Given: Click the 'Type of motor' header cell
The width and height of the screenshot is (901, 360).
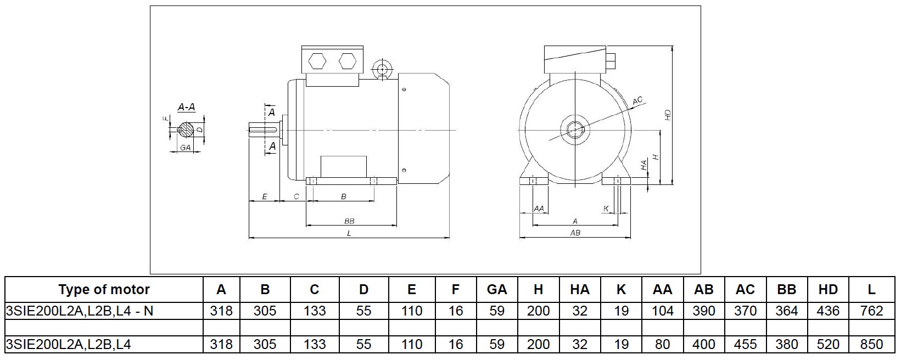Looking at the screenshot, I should [x=104, y=290].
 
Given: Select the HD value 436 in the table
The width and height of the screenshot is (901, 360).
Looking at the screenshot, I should [x=828, y=311].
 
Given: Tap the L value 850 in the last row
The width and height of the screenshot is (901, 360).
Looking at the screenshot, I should [x=871, y=345].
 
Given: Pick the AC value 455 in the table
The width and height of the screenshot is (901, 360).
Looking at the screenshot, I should [x=745, y=345].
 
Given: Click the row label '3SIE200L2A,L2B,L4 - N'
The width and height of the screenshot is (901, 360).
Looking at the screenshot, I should [x=79, y=311].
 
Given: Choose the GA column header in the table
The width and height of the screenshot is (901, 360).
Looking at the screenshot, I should [x=496, y=290].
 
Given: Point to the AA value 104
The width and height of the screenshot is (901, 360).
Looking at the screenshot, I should [x=662, y=311].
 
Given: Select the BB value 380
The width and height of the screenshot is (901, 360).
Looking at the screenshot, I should [x=787, y=345].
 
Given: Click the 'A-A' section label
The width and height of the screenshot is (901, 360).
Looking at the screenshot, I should [x=187, y=107].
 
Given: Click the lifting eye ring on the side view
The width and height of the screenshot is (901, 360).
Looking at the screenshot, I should [x=380, y=70].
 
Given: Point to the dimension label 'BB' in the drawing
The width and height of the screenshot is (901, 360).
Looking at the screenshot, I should [x=349, y=221].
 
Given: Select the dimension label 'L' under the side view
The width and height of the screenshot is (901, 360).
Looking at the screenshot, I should [x=349, y=234].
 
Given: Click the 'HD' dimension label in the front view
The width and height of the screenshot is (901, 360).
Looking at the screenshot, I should [x=668, y=115].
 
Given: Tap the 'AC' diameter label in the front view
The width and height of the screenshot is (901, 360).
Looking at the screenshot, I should [x=637, y=101].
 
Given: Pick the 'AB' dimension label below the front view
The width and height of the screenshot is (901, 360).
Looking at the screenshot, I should [x=575, y=233].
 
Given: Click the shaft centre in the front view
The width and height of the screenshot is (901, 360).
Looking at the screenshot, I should [x=575, y=130].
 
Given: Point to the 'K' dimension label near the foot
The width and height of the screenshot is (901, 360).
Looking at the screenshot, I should [x=606, y=209].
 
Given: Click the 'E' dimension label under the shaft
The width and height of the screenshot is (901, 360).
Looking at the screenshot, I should [x=264, y=196].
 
